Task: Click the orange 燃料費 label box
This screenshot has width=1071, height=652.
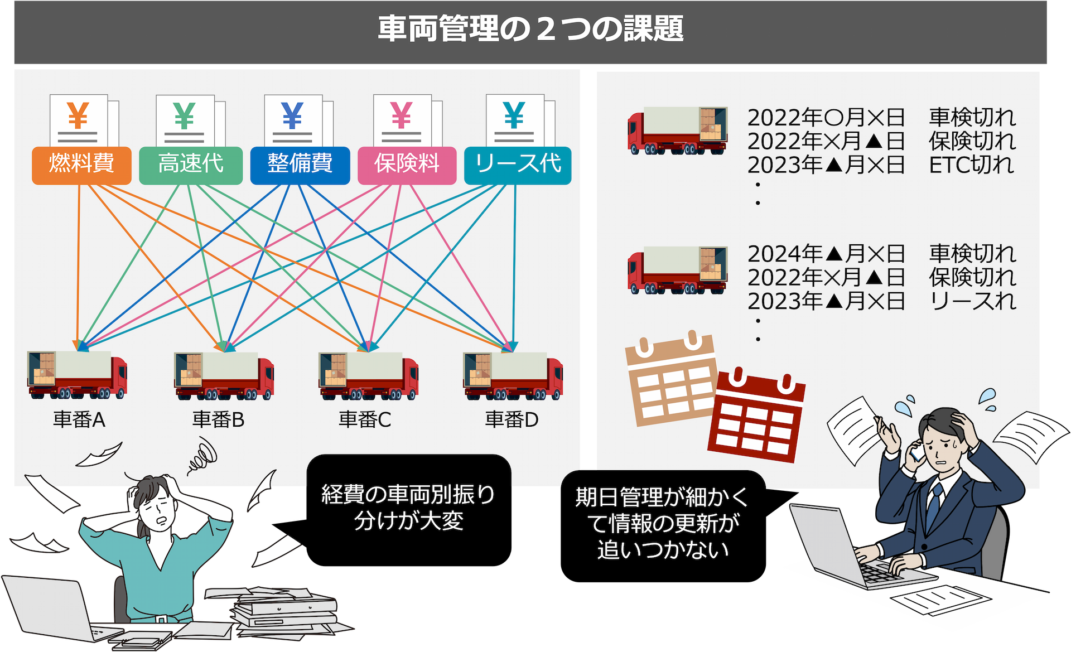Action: pyautogui.click(x=81, y=165)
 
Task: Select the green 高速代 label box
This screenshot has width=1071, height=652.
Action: pyautogui.click(x=191, y=165)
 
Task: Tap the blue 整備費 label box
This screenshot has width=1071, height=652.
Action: pyautogui.click(x=300, y=165)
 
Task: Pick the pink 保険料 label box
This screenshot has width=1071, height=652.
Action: pyautogui.click(x=407, y=165)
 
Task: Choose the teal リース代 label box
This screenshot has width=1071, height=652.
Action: pyautogui.click(x=518, y=165)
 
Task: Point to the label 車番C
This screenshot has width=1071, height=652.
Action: pyautogui.click(x=365, y=419)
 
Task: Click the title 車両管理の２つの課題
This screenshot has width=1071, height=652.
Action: pyautogui.click(x=530, y=29)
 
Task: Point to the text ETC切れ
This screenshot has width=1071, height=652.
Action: pyautogui.click(x=971, y=165)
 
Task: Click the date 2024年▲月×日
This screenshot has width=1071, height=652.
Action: pyautogui.click(x=826, y=254)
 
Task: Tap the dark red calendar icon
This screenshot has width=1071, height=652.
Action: pyautogui.click(x=756, y=416)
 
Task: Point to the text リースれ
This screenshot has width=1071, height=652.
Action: pyautogui.click(x=972, y=301)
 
